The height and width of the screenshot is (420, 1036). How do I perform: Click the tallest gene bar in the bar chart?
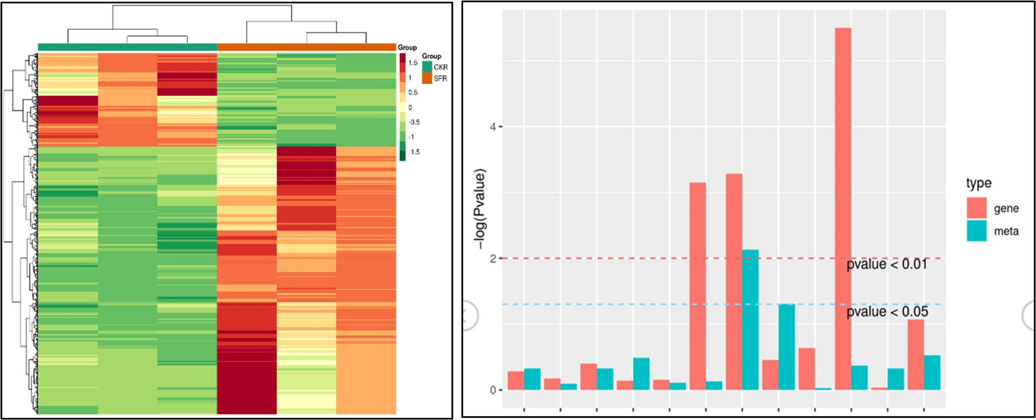[843, 209]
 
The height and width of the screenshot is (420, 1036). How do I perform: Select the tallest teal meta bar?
[750, 320]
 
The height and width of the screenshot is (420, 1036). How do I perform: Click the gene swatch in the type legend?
[976, 208]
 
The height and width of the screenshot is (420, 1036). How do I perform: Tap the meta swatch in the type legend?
[976, 231]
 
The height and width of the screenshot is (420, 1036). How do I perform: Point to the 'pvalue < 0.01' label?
[887, 264]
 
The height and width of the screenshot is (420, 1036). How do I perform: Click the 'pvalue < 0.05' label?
[887, 312]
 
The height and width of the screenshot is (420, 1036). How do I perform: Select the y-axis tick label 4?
[493, 127]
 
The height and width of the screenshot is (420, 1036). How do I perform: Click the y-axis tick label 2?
[493, 259]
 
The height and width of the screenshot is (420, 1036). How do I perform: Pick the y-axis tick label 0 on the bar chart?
[493, 390]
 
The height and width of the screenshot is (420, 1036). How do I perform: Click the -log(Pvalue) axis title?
[480, 209]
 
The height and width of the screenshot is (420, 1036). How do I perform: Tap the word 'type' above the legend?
[978, 183]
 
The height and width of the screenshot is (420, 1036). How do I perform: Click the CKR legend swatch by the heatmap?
[426, 67]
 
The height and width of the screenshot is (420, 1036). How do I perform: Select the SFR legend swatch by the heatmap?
[426, 78]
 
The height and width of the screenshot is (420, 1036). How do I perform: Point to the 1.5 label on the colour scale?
[413, 63]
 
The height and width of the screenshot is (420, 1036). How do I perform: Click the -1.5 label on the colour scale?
[414, 152]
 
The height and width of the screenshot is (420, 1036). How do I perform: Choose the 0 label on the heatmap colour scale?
[410, 107]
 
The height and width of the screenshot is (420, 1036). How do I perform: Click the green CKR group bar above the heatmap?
[127, 47]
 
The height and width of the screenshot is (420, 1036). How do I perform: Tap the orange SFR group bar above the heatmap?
[306, 47]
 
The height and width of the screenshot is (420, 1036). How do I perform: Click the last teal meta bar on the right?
[932, 373]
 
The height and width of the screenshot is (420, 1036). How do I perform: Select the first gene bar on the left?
[516, 380]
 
